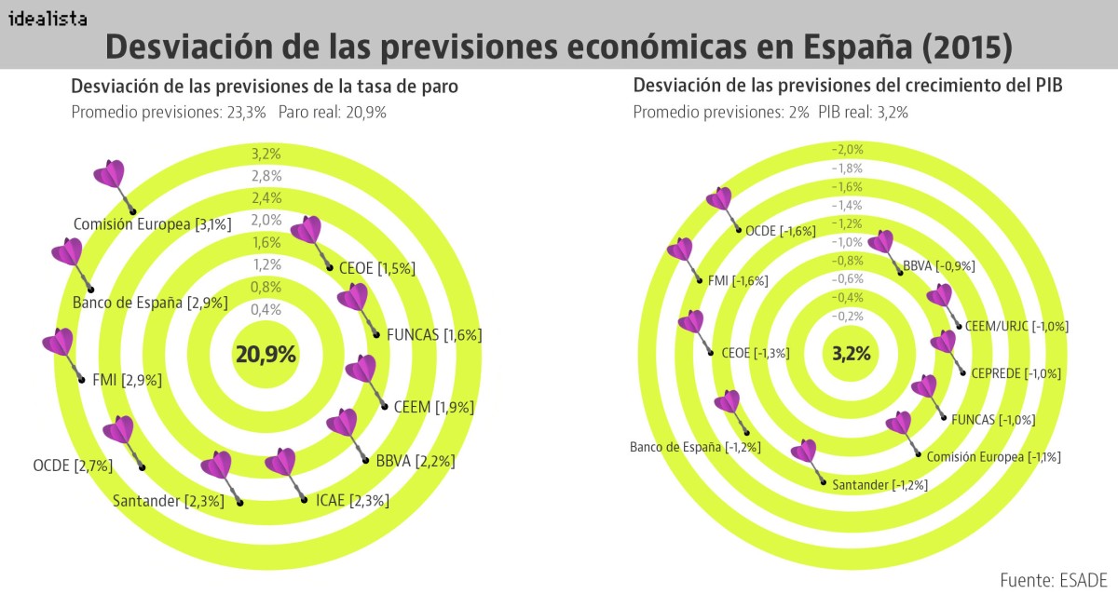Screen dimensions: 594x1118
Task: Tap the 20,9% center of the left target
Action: pyautogui.click(x=266, y=354)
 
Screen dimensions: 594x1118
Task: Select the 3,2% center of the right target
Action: pyautogui.click(x=851, y=354)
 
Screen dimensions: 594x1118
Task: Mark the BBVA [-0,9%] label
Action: pyautogui.click(x=938, y=265)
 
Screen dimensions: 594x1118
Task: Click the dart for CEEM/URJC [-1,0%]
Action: pyautogui.click(x=942, y=301)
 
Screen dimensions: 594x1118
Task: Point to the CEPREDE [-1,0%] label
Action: pyautogui.click(x=1016, y=373)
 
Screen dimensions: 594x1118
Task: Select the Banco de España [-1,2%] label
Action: pyautogui.click(x=695, y=447)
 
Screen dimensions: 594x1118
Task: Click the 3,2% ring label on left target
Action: pyautogui.click(x=266, y=154)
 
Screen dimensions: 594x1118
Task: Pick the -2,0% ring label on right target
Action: pyautogui.click(x=848, y=150)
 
